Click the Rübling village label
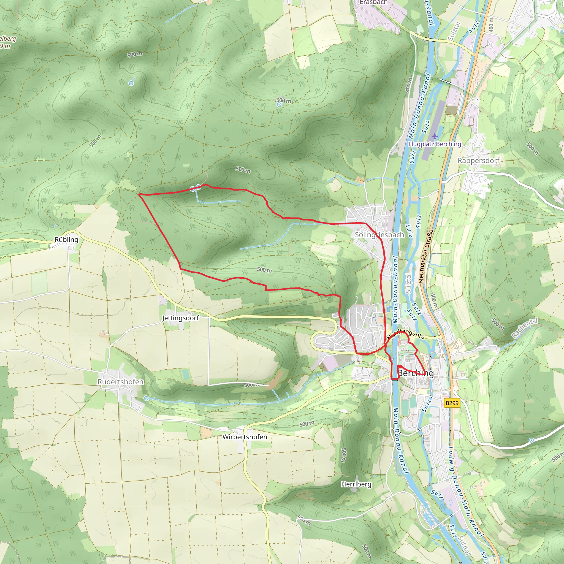(x=67, y=240)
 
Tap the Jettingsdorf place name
(x=180, y=318)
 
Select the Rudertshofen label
(x=120, y=382)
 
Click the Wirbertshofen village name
(x=245, y=437)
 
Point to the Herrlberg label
(x=356, y=484)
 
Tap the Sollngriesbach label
(x=379, y=235)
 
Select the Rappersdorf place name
(x=478, y=161)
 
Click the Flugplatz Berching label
(x=434, y=144)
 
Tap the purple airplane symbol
(x=435, y=136)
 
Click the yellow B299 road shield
(x=452, y=403)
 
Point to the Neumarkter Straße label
(x=426, y=256)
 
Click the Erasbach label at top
(x=373, y=2)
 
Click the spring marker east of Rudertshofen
(x=146, y=398)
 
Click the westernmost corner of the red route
(x=139, y=194)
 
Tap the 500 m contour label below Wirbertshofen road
(x=307, y=424)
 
